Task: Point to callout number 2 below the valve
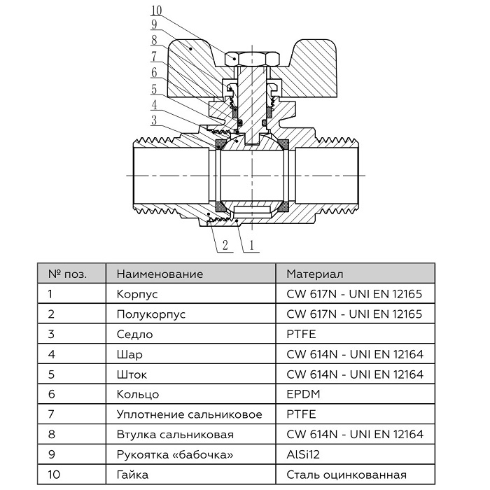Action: pyautogui.click(x=225, y=245)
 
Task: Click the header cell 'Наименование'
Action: pyautogui.click(x=160, y=274)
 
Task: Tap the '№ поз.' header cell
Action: pyautogui.click(x=68, y=274)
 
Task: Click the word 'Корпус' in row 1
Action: pyautogui.click(x=137, y=294)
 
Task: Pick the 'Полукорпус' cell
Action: pyautogui.click(x=150, y=314)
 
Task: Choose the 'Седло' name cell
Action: pyautogui.click(x=134, y=335)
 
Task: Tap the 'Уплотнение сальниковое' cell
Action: pyautogui.click(x=189, y=415)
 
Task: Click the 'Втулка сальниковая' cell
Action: pyautogui.click(x=175, y=435)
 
